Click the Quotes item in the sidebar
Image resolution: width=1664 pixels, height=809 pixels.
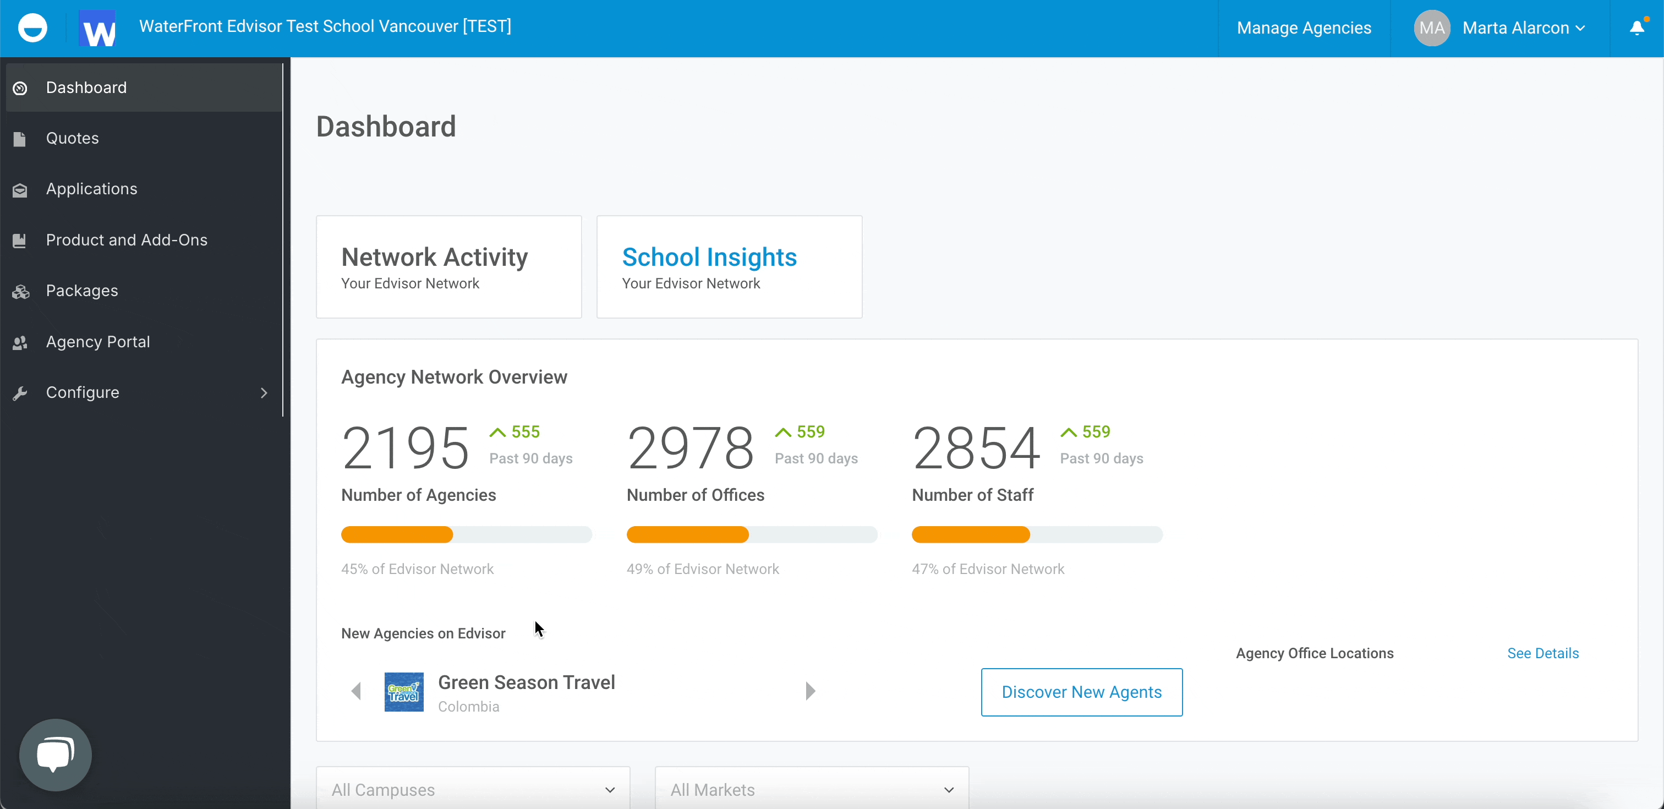click(72, 138)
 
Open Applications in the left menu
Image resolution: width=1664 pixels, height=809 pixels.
click(91, 189)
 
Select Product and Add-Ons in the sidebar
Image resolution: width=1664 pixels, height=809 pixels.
click(126, 240)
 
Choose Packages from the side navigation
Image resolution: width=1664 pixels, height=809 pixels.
click(81, 291)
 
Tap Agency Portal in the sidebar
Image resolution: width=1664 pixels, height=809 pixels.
click(97, 342)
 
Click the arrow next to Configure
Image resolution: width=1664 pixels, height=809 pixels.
click(264, 393)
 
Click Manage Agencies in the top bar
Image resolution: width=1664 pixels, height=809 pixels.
click(1304, 28)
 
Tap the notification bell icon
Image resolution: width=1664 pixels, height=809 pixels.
click(1637, 28)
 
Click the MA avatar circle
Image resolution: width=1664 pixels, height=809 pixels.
click(1431, 28)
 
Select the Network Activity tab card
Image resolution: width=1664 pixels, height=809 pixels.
click(448, 267)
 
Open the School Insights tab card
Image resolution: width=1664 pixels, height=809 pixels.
click(729, 267)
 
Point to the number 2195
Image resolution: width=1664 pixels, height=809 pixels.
click(405, 448)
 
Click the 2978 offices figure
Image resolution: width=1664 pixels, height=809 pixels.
click(690, 448)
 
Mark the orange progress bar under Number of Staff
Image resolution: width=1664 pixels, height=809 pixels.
click(970, 535)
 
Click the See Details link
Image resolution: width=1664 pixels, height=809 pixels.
click(1542, 653)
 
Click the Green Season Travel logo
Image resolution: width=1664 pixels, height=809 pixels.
click(404, 692)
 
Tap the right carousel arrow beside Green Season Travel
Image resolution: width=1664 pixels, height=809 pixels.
click(811, 691)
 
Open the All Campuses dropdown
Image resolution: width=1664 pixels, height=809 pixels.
click(473, 790)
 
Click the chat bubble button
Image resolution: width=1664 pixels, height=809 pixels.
click(56, 755)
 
